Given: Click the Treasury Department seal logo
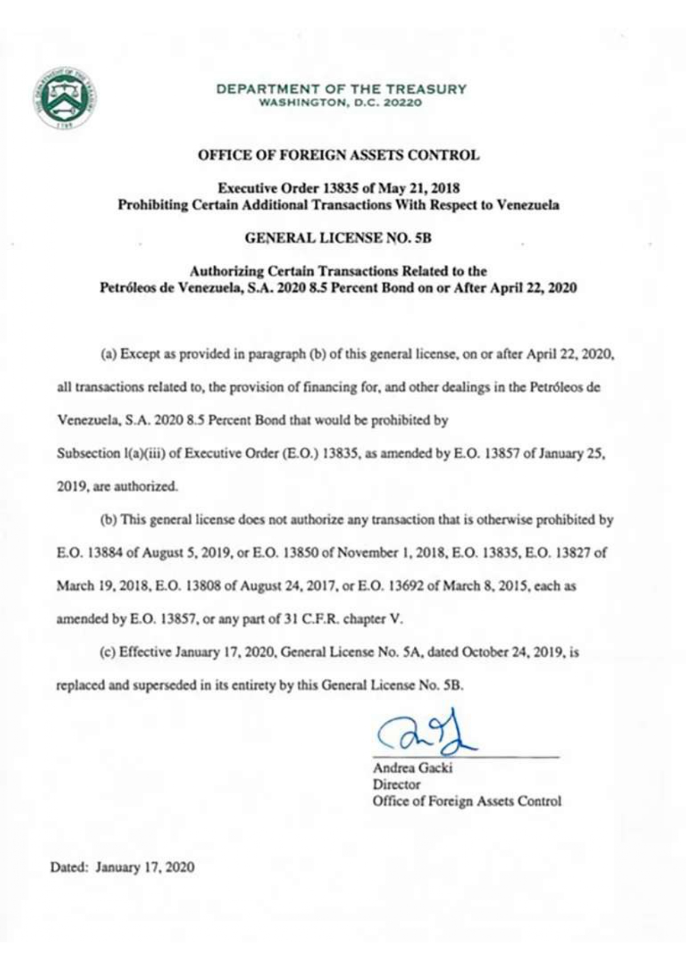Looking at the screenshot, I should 64,98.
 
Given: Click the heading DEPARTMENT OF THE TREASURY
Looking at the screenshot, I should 341,88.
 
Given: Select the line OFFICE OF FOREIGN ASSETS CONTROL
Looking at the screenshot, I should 339,155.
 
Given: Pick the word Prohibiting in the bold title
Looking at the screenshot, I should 153,205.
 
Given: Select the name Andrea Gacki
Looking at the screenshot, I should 412,768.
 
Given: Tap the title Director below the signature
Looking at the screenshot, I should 396,784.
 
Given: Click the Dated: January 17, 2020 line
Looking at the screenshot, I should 122,867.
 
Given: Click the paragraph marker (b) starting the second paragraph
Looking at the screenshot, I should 108,520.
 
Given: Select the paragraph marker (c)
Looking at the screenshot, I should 108,652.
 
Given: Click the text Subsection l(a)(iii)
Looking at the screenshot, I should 111,454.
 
